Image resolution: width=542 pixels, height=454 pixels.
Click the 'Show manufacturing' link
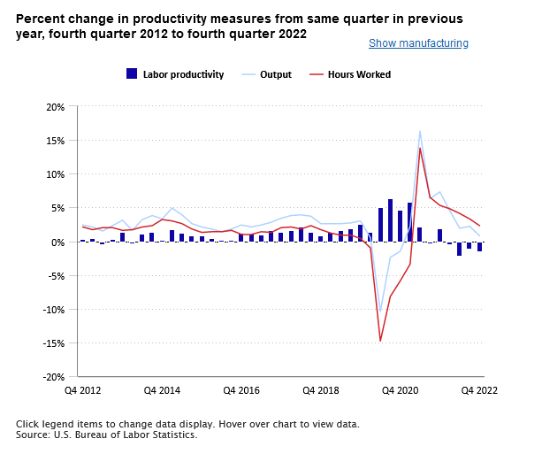[x=418, y=43]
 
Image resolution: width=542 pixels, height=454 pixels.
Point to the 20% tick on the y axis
[x=54, y=107]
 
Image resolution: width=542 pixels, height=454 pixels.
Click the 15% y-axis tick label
[x=54, y=141]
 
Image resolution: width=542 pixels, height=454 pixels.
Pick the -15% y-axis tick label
[x=52, y=343]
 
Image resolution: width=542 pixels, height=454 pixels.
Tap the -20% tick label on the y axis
[x=52, y=377]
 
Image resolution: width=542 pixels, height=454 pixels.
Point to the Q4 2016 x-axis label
[x=240, y=390]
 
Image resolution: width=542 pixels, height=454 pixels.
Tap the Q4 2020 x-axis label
[x=400, y=390]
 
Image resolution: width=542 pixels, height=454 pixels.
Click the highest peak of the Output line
[x=420, y=132]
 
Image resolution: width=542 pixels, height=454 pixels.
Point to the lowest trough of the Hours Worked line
[x=380, y=341]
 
